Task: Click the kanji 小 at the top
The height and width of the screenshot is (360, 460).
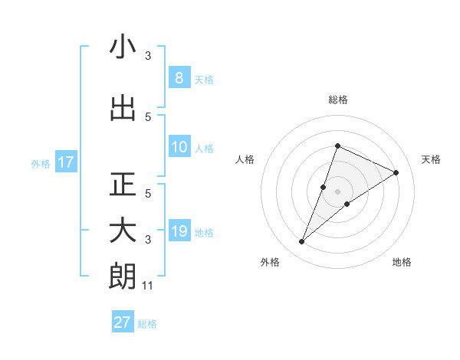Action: coord(123,47)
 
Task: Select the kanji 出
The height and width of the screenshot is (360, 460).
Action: coord(123,109)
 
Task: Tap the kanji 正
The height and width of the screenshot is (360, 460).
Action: coord(123,185)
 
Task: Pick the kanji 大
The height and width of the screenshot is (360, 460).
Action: coord(123,231)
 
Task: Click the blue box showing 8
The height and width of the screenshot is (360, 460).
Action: coord(179,78)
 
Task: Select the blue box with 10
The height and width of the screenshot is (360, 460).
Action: coord(179,147)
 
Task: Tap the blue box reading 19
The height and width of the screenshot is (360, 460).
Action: coord(179,231)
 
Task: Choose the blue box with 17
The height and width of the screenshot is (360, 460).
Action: coord(66,162)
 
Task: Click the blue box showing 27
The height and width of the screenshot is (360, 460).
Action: coord(123,322)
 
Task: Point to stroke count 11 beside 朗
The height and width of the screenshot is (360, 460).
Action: coord(148,286)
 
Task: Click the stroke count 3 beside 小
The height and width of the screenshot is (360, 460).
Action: coord(148,56)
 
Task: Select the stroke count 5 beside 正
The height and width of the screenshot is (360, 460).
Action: coord(148,194)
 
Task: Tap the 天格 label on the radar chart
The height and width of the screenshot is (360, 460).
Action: coord(431,159)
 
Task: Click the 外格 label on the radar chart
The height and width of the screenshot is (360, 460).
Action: coord(270,262)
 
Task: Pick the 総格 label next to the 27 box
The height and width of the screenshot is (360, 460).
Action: coord(147,323)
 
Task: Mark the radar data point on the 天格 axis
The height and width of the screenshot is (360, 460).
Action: coord(396,172)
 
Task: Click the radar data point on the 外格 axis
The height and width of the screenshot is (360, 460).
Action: coord(302,242)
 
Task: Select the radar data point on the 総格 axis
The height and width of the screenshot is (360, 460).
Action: coord(337,146)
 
